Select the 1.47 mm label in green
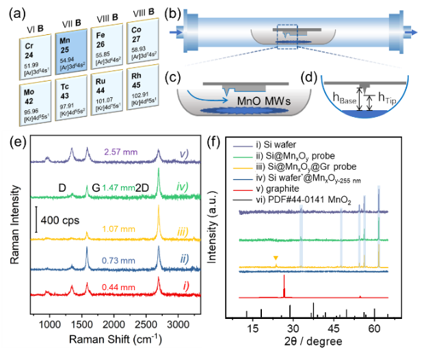116,187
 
